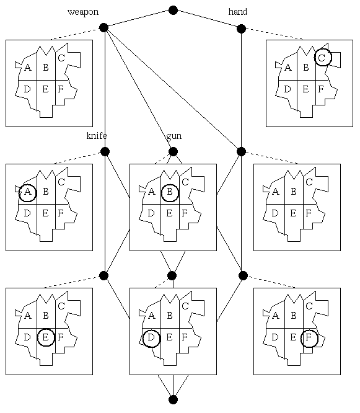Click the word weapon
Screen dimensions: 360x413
[x=83, y=12]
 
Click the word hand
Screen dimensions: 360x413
[x=238, y=12]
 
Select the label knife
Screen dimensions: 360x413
[x=97, y=136]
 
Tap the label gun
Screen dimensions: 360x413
[x=174, y=136]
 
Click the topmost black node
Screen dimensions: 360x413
[x=173, y=11]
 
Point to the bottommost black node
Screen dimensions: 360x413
[x=173, y=399]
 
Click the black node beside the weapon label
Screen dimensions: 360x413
[x=104, y=27]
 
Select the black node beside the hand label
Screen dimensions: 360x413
[x=241, y=29]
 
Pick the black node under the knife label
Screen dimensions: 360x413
[x=105, y=152]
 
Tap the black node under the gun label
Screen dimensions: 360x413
[x=173, y=152]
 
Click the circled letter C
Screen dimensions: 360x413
[x=322, y=58]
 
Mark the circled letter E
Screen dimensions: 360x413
[x=46, y=337]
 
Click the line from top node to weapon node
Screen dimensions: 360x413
[x=138, y=19]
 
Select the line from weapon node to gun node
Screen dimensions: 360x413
[x=138, y=89]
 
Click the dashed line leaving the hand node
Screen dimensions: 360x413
[x=272, y=33]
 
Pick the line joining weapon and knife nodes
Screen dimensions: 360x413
[x=105, y=89]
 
